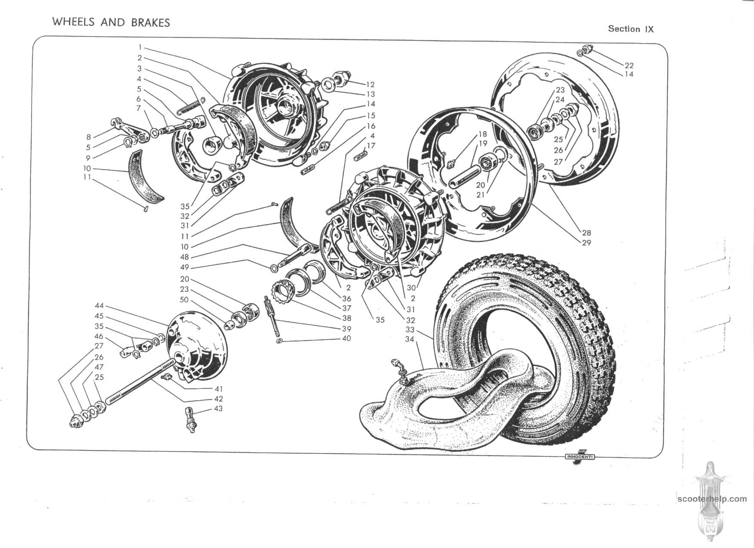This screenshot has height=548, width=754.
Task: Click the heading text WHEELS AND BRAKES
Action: pos(111,22)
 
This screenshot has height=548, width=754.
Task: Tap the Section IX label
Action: pos(631,29)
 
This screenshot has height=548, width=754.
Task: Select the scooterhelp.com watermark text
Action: pos(712,499)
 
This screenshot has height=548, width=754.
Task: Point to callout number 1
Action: pos(140,47)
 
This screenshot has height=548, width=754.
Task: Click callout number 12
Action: pos(370,85)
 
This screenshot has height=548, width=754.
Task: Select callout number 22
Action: pos(629,65)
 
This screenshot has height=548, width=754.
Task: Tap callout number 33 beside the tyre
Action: pos(410,330)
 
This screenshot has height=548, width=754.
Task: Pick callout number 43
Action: pos(219,408)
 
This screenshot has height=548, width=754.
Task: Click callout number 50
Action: pos(184,300)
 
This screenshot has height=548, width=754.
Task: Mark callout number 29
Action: pos(586,242)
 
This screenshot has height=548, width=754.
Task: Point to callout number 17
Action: pos(371,146)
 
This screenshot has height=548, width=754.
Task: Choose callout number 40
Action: pos(346,338)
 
